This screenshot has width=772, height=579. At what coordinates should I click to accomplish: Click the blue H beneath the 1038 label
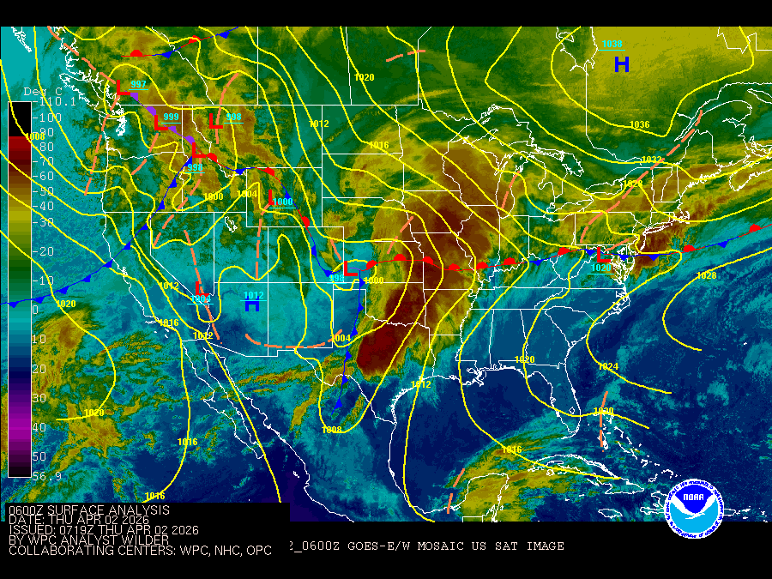point(622,64)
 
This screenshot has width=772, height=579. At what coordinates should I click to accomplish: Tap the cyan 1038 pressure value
point(612,45)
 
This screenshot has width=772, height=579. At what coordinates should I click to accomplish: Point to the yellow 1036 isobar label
point(640,125)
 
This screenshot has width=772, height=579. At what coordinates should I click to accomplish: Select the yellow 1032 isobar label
point(652,160)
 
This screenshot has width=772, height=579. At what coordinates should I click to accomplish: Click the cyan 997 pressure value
point(138,84)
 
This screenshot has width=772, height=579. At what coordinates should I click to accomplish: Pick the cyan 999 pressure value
point(171,117)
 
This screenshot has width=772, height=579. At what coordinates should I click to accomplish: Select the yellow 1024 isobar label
point(607,367)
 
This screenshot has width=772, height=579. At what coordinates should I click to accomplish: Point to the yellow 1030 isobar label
point(603,413)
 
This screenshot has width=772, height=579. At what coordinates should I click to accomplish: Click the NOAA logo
point(696,510)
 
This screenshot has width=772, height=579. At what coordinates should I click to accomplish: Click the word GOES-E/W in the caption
point(383,546)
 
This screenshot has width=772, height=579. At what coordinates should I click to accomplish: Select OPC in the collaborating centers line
point(256,551)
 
